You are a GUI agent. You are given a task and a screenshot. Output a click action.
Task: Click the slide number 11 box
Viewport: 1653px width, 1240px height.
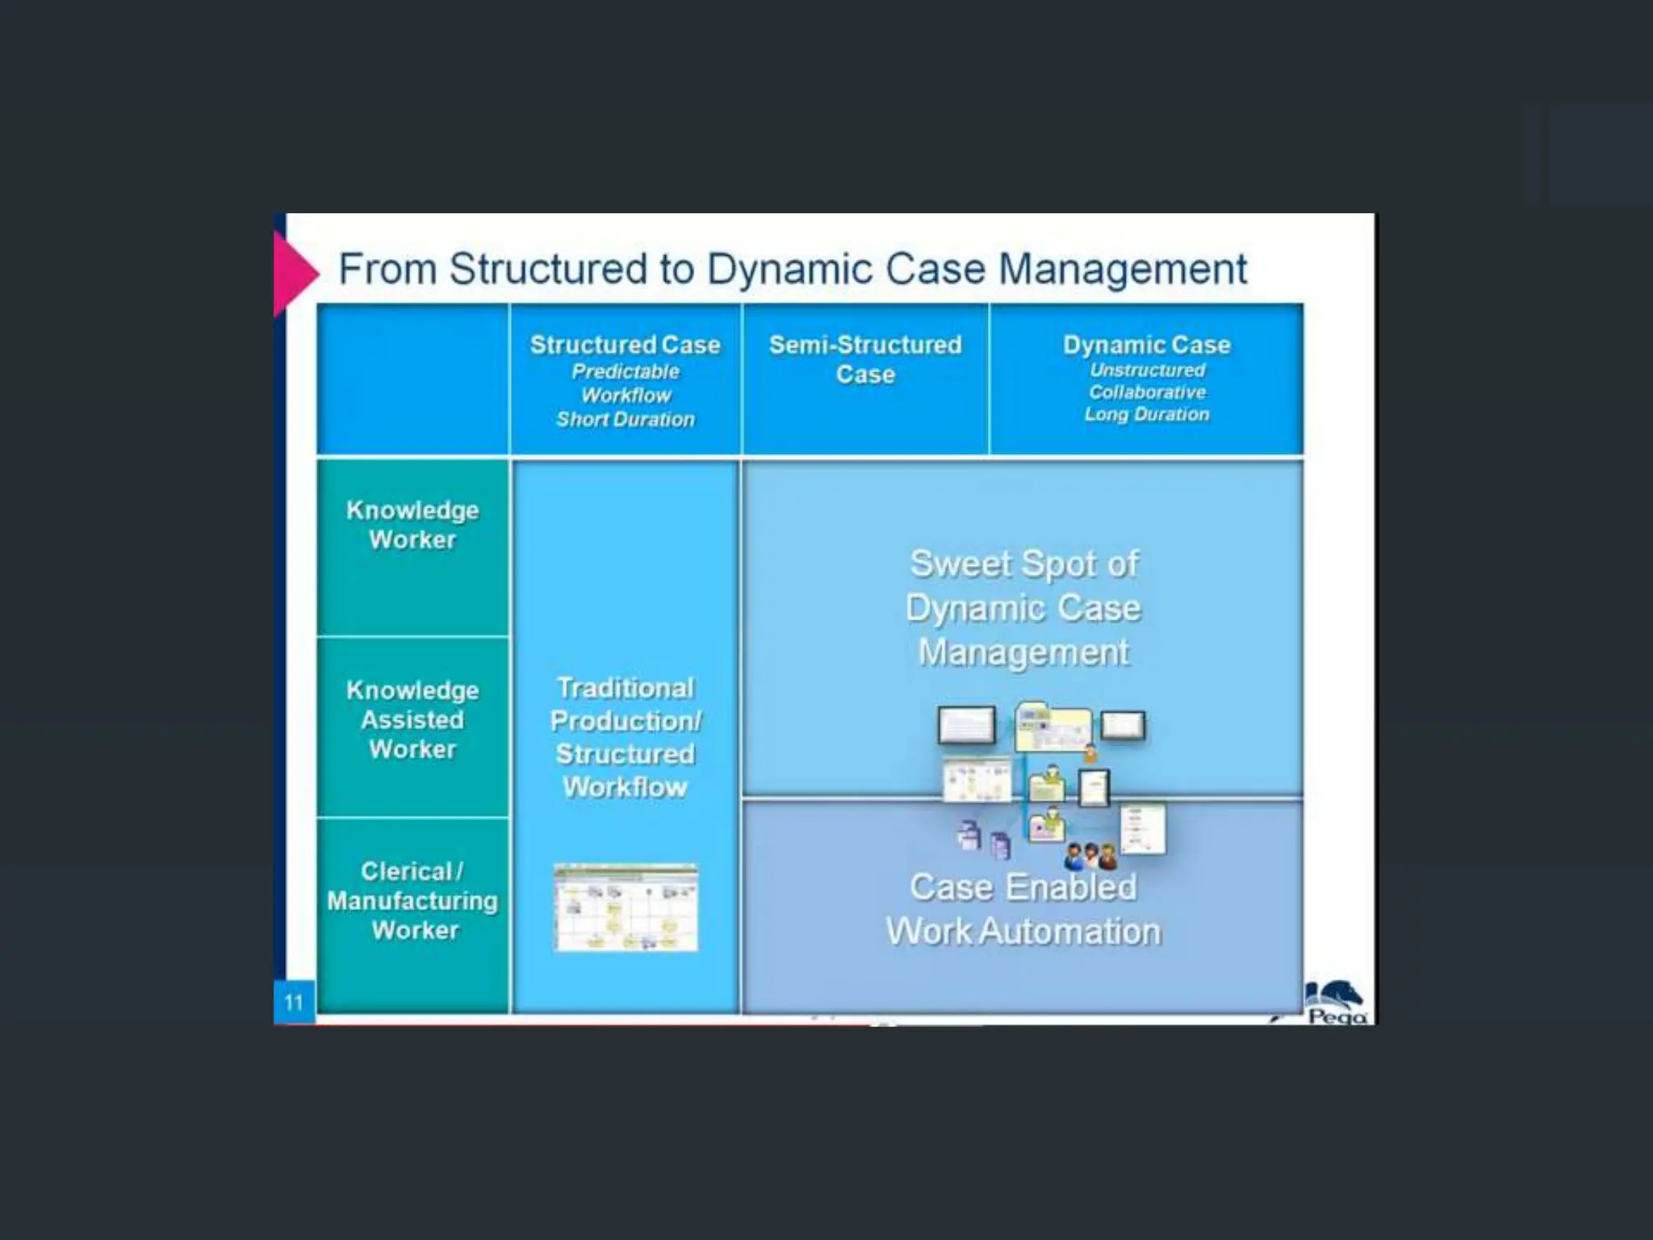coord(294,1003)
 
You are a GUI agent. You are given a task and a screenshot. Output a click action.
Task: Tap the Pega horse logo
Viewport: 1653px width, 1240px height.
coord(1336,1001)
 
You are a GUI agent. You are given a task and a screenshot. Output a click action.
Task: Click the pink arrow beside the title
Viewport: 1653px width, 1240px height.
coord(294,273)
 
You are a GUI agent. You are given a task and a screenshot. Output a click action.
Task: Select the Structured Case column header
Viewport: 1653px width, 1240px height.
coord(625,346)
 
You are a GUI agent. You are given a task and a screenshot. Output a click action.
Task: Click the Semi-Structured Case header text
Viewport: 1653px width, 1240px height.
coord(865,359)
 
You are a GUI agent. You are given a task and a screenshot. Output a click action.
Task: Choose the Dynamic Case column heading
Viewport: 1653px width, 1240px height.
coord(1146,346)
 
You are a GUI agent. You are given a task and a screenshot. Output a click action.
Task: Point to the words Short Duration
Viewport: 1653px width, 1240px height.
coord(625,420)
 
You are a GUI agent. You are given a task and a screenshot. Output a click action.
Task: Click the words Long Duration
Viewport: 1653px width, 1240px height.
coord(1146,415)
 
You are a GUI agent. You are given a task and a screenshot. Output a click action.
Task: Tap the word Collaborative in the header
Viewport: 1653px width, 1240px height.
coord(1146,392)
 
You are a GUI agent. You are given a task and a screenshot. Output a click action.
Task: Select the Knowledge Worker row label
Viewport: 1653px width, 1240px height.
coord(412,525)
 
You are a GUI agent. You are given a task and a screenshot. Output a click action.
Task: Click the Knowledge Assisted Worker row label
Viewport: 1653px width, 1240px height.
coord(412,719)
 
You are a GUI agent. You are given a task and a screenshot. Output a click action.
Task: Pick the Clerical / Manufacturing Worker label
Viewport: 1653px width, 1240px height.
coord(412,901)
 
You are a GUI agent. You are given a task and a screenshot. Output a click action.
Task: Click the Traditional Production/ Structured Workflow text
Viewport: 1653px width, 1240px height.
coord(625,737)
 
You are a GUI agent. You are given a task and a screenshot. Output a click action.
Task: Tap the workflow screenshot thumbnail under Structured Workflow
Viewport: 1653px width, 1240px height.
coord(626,907)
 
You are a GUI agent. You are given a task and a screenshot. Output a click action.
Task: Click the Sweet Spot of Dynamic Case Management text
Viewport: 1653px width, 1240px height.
coord(1023,608)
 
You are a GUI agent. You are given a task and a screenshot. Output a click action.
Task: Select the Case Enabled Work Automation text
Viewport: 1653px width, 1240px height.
coord(1023,909)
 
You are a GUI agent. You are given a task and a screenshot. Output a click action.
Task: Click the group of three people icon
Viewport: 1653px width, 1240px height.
coord(1090,857)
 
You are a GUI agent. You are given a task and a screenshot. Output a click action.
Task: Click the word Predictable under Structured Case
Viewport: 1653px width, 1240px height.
coord(625,371)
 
